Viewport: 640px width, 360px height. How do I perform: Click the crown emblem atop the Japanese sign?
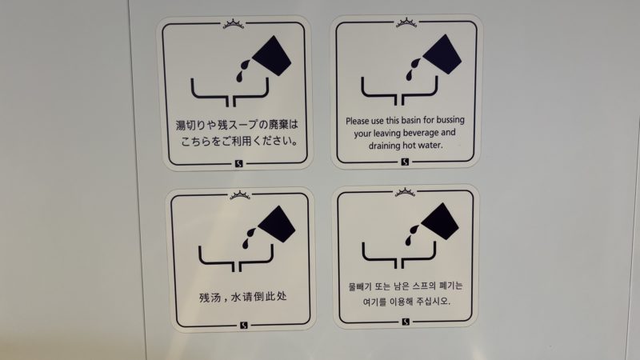[234, 24]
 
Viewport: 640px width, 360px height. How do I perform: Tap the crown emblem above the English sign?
[406, 23]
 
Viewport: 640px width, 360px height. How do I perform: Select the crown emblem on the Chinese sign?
[240, 195]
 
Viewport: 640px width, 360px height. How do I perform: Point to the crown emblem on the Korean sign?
[405, 192]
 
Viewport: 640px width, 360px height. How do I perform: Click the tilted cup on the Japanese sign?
[272, 55]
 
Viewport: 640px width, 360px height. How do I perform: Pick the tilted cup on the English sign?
[442, 54]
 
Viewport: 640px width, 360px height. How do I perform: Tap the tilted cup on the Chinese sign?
[277, 224]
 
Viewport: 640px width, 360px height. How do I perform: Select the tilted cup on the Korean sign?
[440, 222]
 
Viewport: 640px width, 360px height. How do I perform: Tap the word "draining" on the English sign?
[385, 146]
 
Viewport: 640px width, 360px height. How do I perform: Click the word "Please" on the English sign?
[358, 121]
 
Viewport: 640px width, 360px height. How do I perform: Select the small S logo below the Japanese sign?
[239, 164]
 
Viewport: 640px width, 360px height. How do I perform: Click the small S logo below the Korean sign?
[406, 322]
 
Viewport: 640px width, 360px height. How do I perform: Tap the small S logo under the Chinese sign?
[244, 326]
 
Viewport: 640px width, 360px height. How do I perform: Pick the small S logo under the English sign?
[405, 162]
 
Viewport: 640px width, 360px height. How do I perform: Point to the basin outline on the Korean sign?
[398, 255]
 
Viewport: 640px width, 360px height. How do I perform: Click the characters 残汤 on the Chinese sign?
[210, 297]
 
